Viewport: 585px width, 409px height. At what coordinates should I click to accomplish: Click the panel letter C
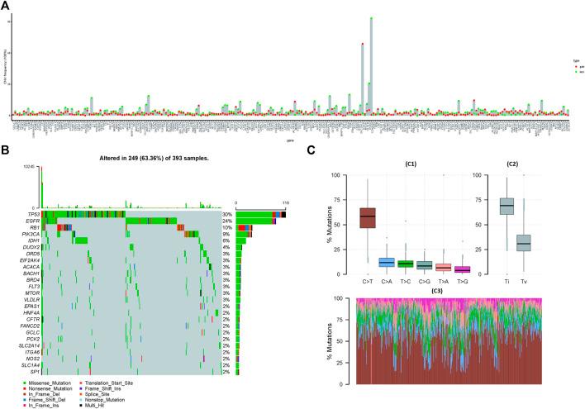[x=311, y=150]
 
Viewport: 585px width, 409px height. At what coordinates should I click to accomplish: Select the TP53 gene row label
[x=32, y=215]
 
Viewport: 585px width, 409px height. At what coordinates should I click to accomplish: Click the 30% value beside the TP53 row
[x=226, y=215]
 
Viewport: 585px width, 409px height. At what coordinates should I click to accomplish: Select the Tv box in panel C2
[x=546, y=243]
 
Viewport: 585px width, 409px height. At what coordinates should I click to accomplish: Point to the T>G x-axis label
[x=463, y=282]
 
